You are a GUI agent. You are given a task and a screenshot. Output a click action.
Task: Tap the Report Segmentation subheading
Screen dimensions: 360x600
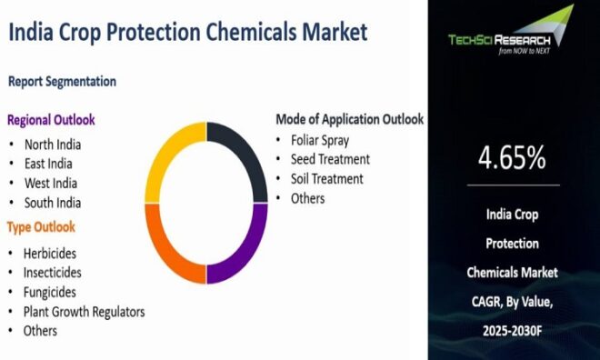(62, 82)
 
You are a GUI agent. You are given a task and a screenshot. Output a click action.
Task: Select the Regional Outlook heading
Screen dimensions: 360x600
(51, 120)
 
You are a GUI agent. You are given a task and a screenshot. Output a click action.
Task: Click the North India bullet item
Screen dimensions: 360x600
(53, 144)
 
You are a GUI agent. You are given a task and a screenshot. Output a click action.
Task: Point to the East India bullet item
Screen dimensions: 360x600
(48, 164)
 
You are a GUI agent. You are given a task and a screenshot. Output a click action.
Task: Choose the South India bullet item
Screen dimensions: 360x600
(52, 203)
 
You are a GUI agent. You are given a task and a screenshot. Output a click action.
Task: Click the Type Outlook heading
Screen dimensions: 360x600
(41, 227)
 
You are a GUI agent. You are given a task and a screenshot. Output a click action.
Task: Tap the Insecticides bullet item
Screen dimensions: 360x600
(54, 272)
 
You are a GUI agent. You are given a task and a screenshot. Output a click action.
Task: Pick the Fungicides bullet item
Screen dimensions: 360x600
(50, 292)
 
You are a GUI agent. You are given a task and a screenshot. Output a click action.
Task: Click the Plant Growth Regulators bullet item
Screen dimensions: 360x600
(84, 312)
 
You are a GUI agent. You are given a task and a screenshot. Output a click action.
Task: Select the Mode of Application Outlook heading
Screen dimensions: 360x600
(350, 119)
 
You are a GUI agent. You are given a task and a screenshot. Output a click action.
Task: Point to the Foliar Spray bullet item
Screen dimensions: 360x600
(319, 140)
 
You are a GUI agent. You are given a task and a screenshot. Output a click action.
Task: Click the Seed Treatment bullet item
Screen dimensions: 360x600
(330, 159)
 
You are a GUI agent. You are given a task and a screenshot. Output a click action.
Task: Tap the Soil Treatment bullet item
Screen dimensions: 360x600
(326, 179)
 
